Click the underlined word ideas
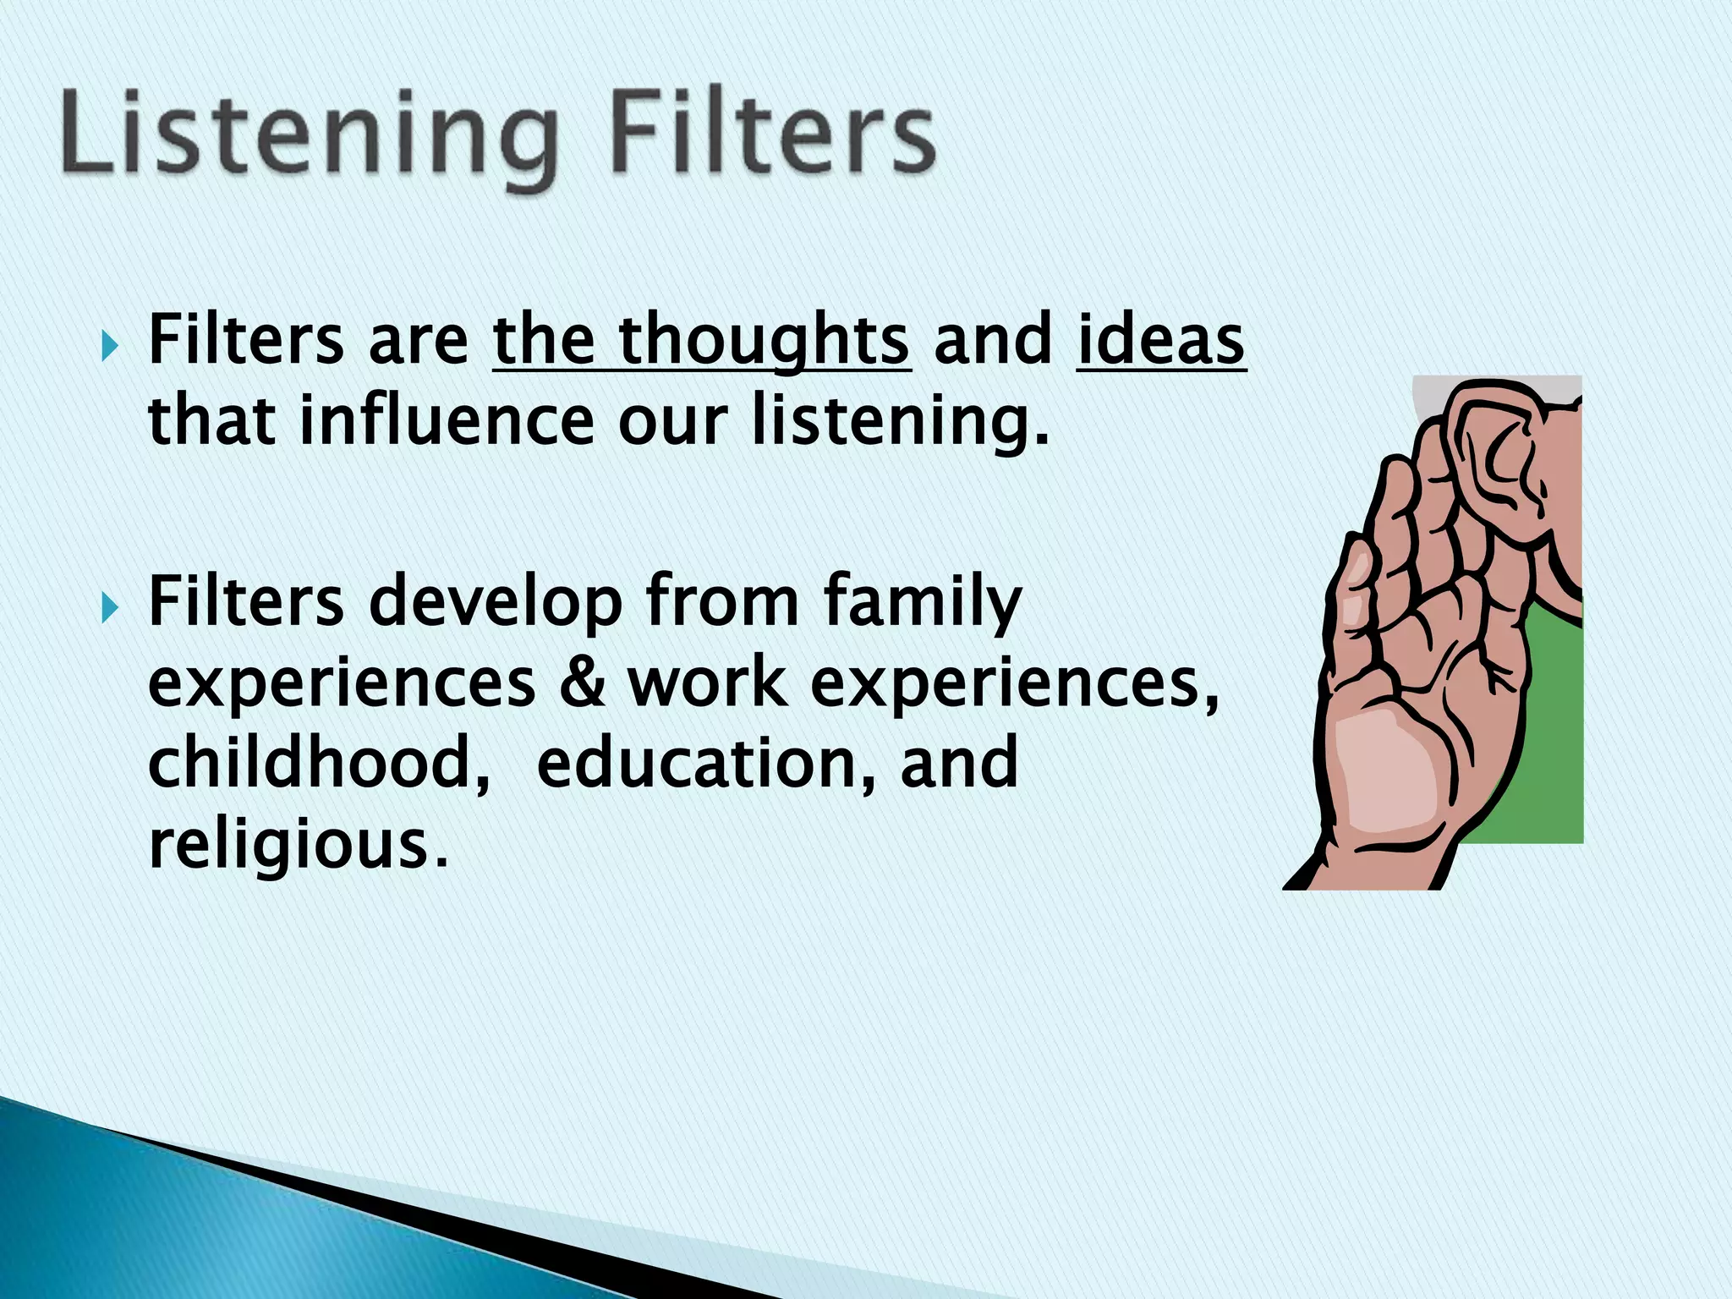[x=1160, y=340]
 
